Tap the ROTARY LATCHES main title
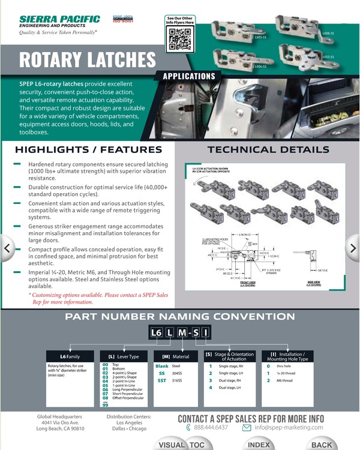(x=88, y=60)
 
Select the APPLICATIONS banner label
(x=188, y=77)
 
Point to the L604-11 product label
(x=260, y=66)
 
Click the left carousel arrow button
(x=7, y=247)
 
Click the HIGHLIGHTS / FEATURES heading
(x=88, y=149)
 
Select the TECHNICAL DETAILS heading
(x=268, y=149)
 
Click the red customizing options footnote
(x=98, y=298)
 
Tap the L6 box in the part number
(x=156, y=332)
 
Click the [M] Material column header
(x=175, y=356)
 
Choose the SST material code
(x=162, y=380)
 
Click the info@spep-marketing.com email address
(x=288, y=427)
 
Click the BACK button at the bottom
(x=322, y=445)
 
